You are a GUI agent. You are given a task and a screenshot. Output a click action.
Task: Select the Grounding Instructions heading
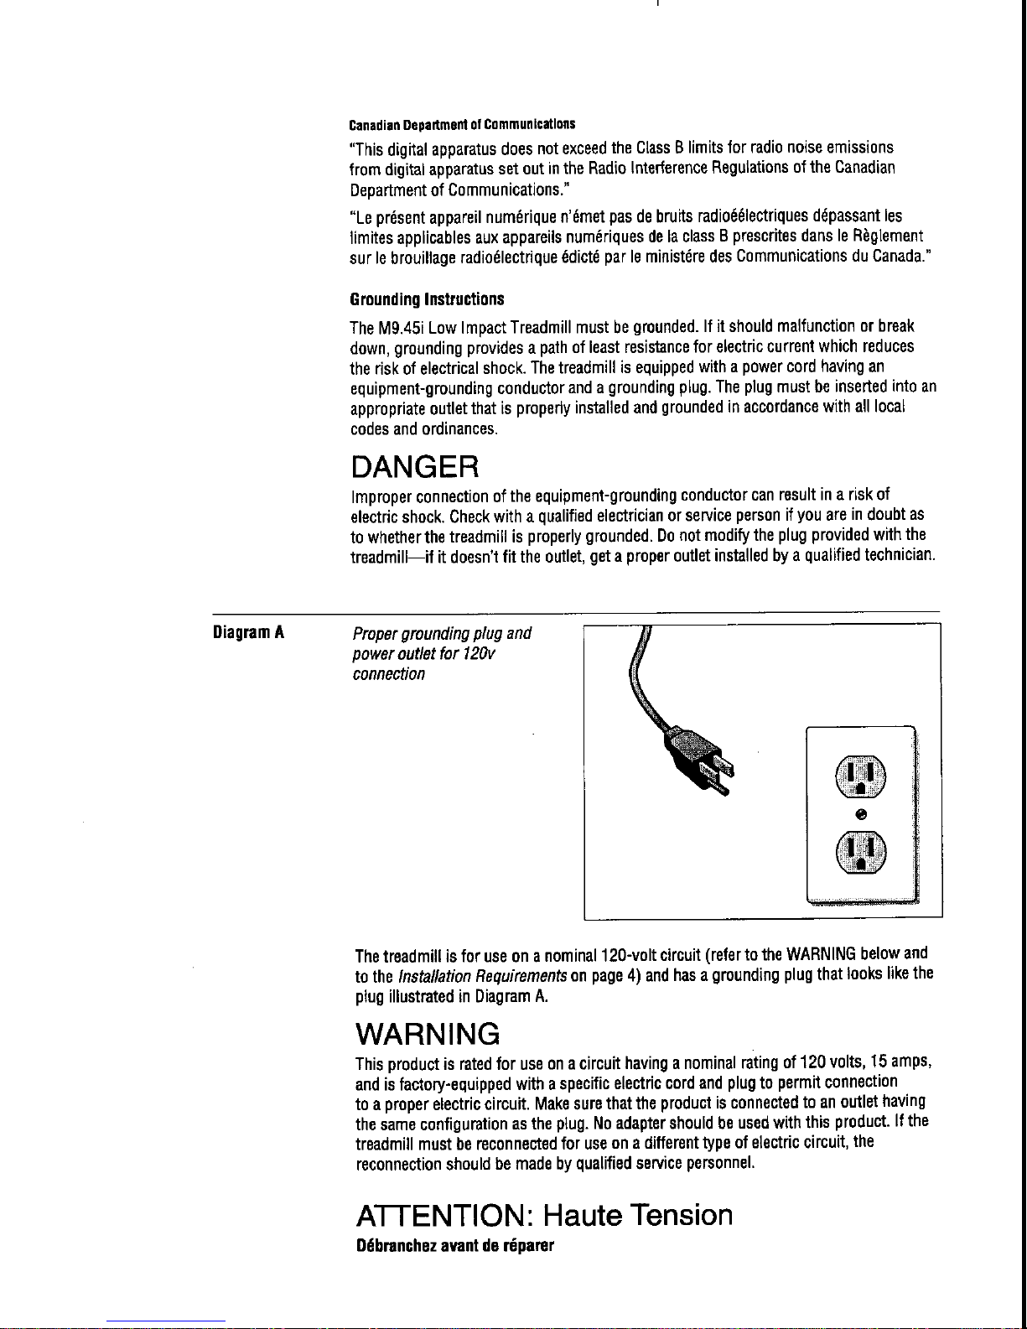[x=427, y=299]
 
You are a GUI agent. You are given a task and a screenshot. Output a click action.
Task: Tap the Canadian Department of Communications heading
[x=461, y=125]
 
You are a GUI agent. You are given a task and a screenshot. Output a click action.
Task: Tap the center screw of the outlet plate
[x=861, y=812]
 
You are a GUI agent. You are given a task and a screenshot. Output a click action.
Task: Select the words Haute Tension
[x=638, y=1215]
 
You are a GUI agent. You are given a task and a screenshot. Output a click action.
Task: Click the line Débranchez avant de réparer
[x=454, y=1246]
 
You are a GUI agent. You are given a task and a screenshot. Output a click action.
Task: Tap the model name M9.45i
[x=392, y=326]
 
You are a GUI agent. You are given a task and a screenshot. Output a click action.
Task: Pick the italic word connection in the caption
[x=389, y=674]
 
